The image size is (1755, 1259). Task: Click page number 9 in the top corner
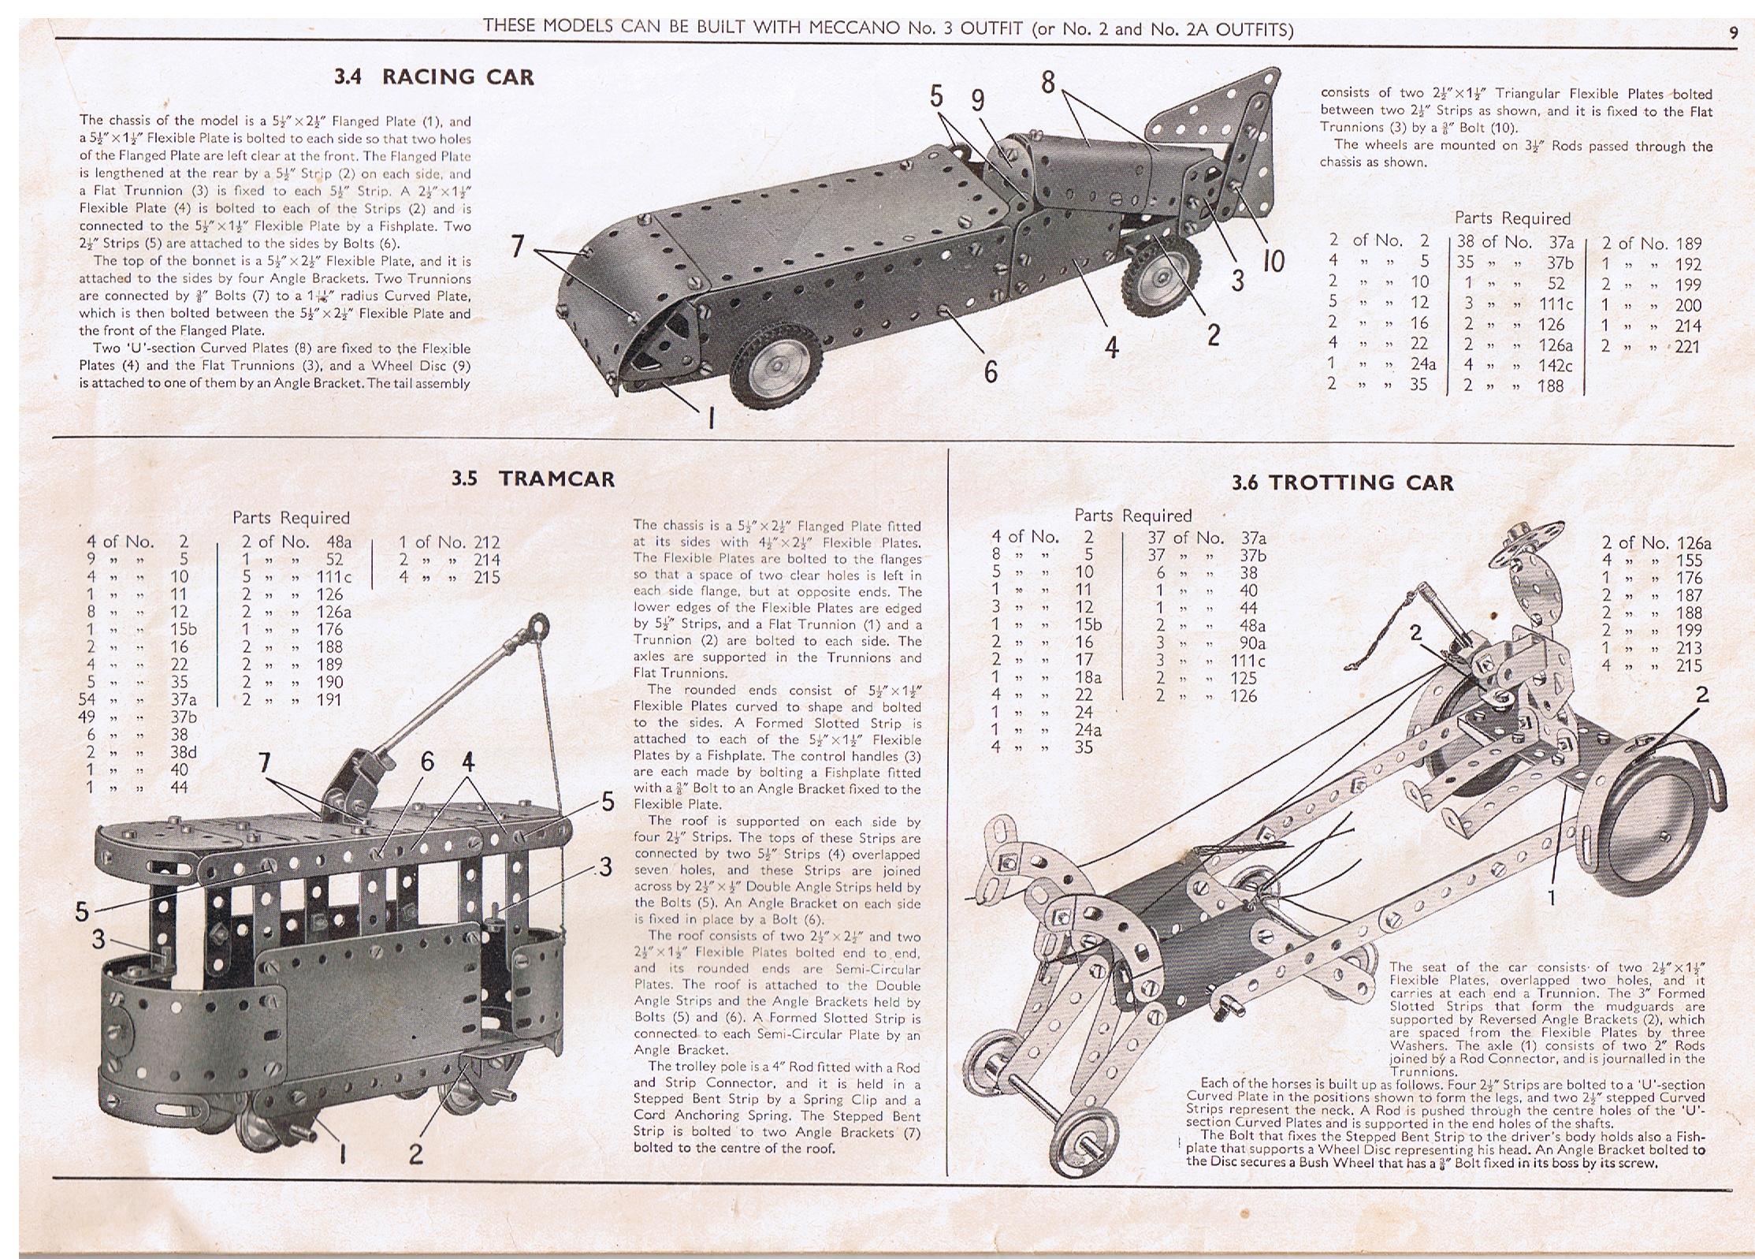pos(1733,32)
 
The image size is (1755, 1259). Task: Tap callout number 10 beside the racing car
pos(1273,261)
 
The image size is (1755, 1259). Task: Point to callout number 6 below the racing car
pos(991,371)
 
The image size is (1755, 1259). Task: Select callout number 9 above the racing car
pos(978,100)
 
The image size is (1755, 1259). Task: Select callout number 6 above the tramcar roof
pos(427,761)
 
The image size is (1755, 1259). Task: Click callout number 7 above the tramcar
pos(265,763)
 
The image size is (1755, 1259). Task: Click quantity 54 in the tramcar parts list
pos(92,699)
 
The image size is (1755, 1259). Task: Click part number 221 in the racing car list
pos(1686,346)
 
